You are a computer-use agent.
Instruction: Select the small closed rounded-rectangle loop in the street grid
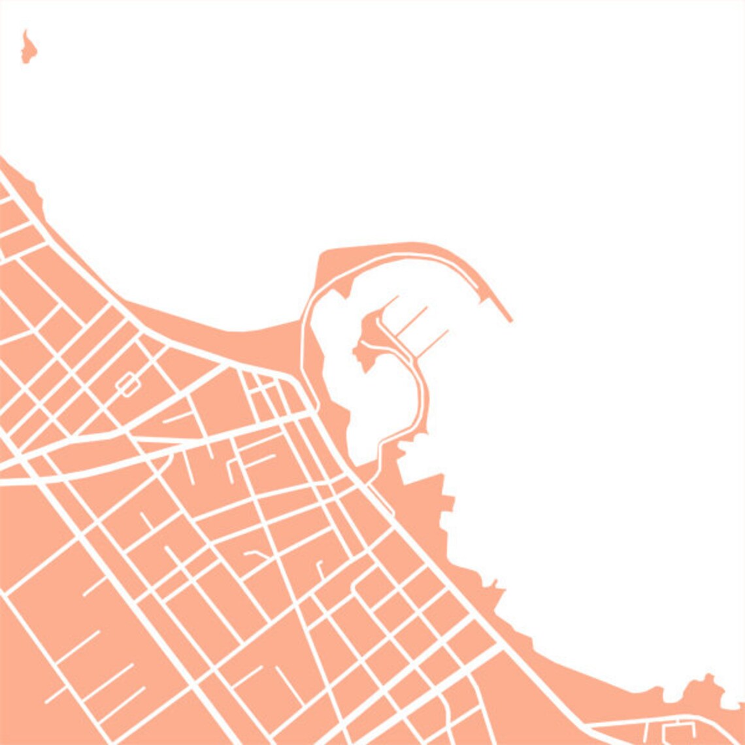127,384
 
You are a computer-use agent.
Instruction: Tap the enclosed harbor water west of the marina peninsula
340,366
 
